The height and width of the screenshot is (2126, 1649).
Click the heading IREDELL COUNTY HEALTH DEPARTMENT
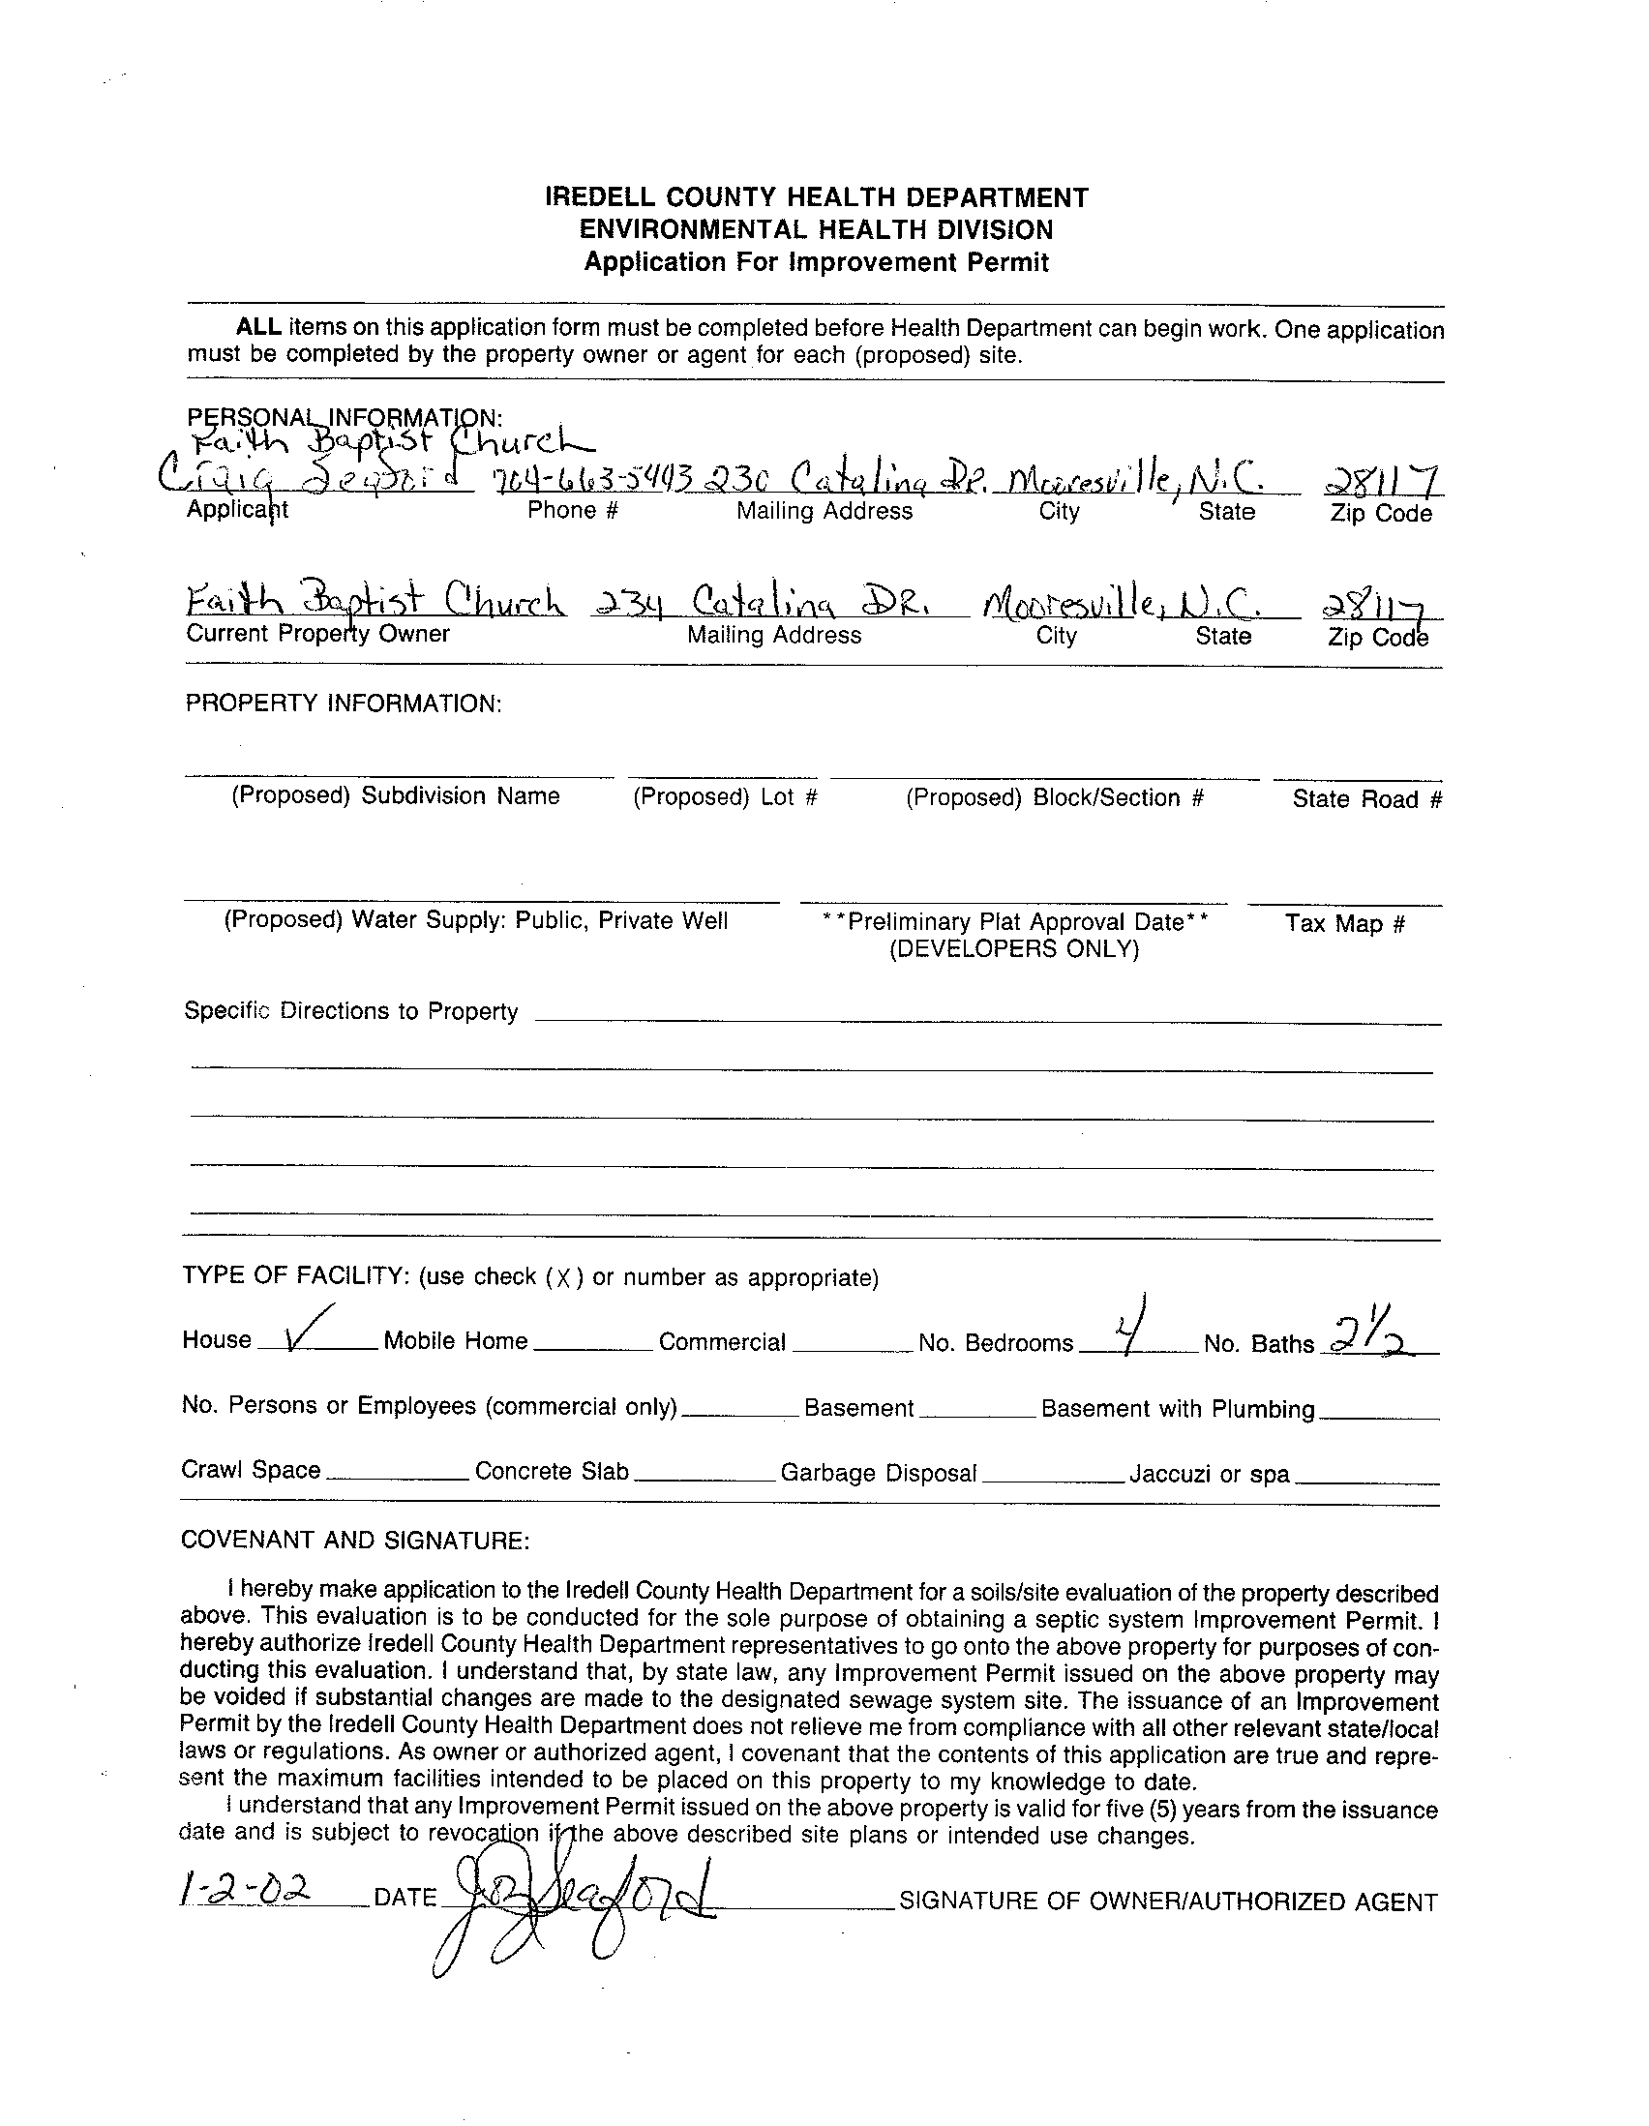tap(816, 198)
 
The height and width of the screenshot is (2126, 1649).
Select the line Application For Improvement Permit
tap(816, 263)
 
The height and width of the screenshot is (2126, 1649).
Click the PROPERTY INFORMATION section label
tap(344, 704)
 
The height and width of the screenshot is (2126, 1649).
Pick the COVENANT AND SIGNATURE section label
tap(355, 1540)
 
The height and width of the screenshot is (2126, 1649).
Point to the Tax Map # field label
tap(1344, 923)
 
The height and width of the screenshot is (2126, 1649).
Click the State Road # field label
tap(1365, 799)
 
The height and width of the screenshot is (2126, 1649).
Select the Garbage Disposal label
tap(878, 1473)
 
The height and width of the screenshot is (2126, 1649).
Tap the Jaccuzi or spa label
tap(1209, 1474)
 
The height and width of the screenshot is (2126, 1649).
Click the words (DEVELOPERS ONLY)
tap(1013, 949)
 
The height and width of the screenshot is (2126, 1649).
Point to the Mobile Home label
tap(456, 1341)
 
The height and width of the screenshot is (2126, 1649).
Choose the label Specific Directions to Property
tap(350, 1011)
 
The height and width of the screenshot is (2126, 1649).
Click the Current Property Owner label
tap(317, 634)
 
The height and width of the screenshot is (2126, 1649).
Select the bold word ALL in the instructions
tap(259, 327)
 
